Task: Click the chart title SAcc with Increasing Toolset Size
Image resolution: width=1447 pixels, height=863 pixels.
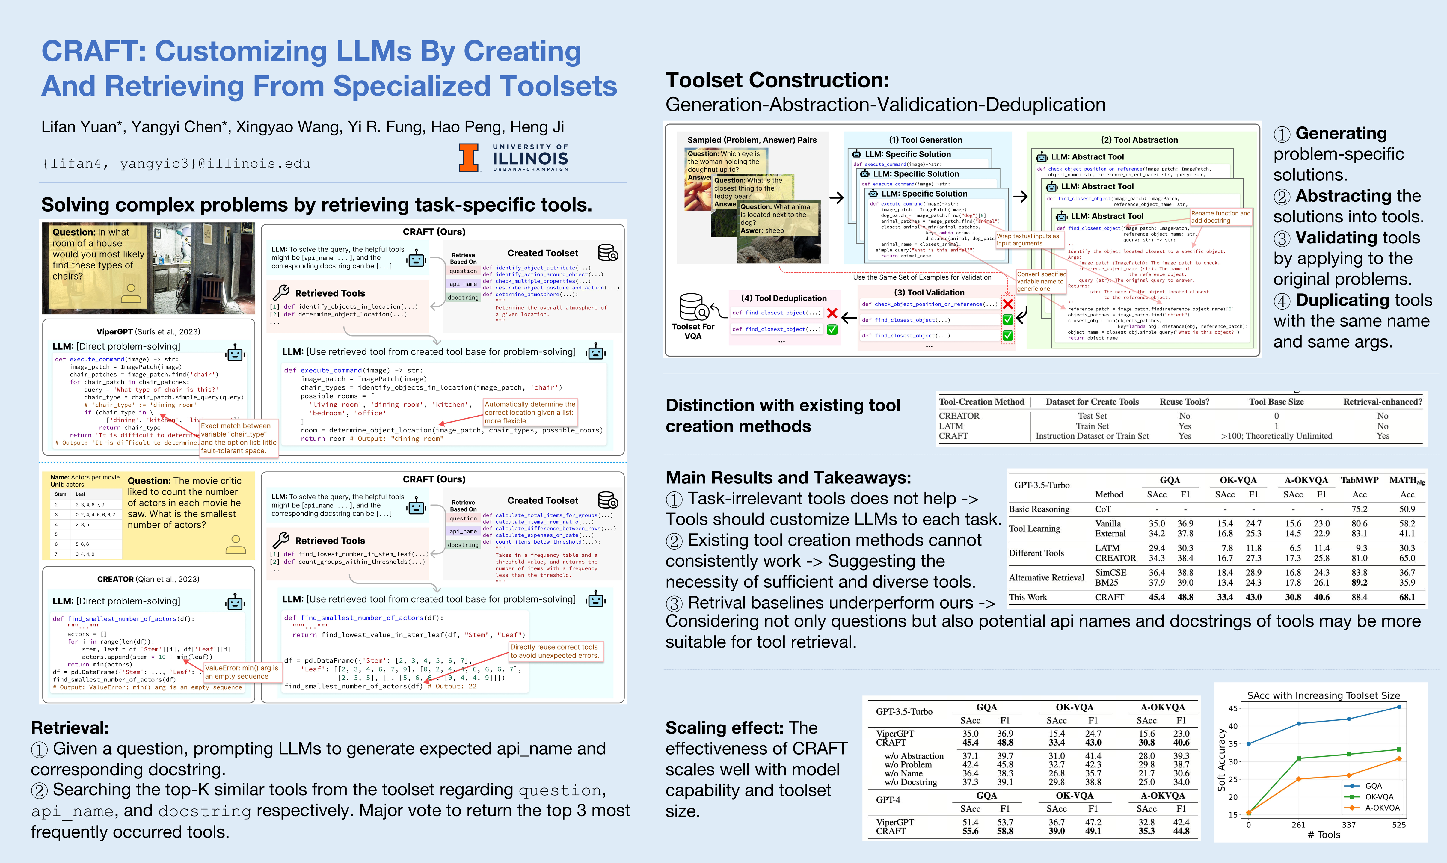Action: [x=1323, y=695]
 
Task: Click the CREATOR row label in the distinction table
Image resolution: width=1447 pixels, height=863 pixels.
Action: [x=959, y=416]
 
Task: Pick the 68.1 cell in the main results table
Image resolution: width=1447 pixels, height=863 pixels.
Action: [x=1407, y=597]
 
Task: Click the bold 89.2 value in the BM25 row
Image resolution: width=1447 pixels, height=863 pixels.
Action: [x=1359, y=582]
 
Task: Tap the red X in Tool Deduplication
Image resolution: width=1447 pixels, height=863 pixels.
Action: [x=832, y=313]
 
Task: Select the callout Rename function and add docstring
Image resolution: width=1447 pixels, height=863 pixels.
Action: [x=1220, y=217]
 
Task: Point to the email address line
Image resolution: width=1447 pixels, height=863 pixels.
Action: [x=176, y=163]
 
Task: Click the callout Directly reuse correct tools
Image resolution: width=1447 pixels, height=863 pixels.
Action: [x=554, y=651]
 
